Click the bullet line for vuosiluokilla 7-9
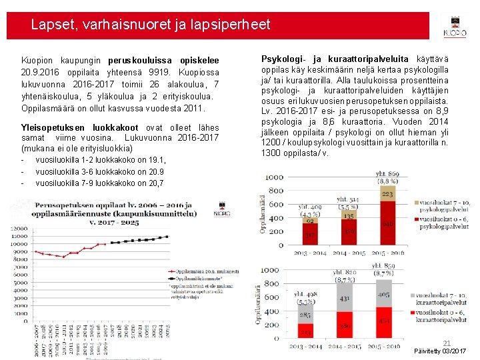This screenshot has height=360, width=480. [100, 183]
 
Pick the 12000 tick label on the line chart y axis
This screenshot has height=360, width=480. [19, 229]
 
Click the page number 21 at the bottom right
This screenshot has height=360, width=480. [447, 343]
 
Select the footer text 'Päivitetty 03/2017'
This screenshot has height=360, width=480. [440, 351]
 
